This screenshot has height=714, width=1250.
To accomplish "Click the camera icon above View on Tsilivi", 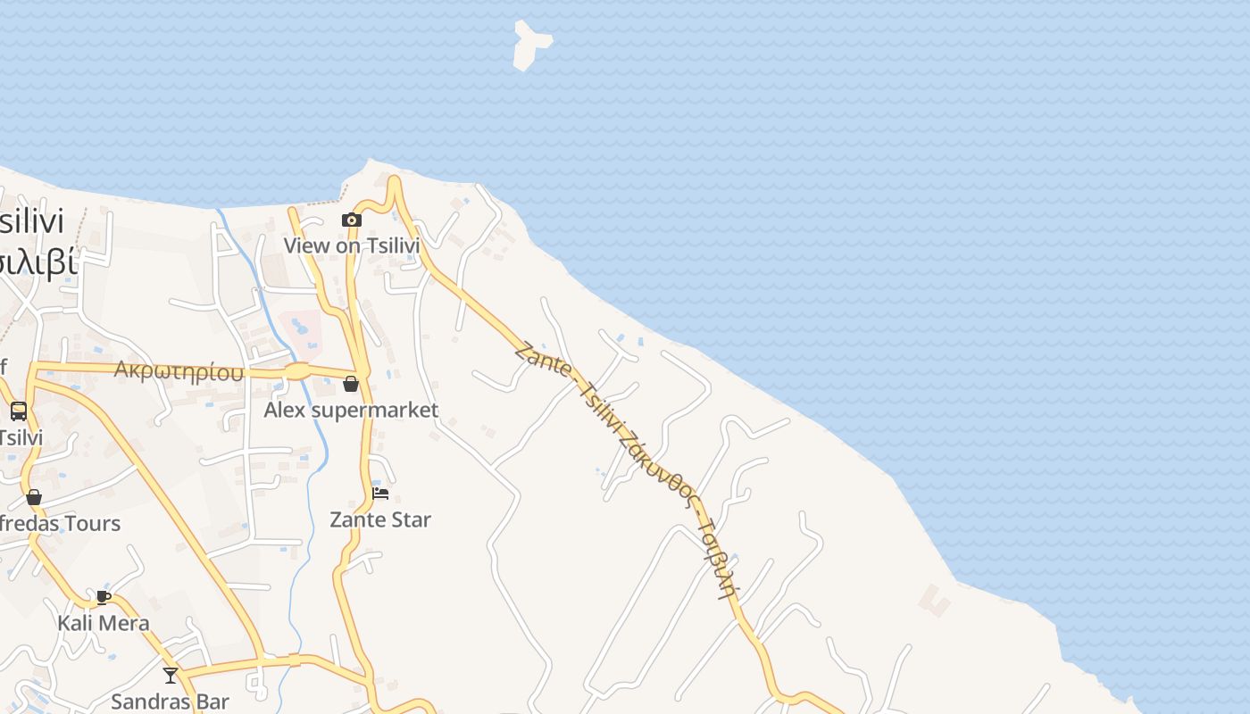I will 352,220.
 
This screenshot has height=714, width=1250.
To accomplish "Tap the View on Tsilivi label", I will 351,245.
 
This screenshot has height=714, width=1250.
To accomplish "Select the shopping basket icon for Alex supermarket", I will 351,384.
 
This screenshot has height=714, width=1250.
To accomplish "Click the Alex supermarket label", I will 351,410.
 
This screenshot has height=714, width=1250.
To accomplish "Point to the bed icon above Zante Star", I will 380,493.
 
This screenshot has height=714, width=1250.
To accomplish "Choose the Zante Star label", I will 380,519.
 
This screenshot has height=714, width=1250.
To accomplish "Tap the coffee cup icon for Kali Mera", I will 104,597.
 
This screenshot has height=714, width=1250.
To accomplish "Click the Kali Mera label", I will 104,623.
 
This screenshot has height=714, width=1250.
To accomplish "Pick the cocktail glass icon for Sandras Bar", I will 171,675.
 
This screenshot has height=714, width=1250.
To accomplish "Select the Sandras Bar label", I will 170,702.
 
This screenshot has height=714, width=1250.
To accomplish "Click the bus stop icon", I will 18,411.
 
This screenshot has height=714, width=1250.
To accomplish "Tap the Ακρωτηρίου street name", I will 179,370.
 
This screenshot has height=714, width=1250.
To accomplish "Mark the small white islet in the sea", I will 531,45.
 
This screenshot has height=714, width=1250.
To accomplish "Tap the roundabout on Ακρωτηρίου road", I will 297,370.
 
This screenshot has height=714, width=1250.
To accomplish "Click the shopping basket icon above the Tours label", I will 34,497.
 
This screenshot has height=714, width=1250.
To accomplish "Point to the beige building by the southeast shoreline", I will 936,600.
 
